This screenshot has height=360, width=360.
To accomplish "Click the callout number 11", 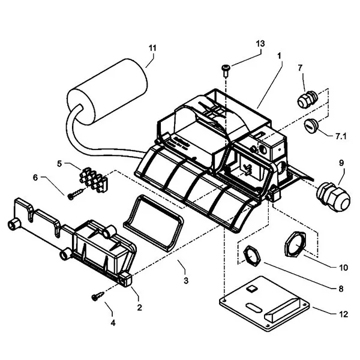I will pyautogui.click(x=152, y=47).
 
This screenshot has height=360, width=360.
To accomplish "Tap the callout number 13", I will pyautogui.click(x=260, y=44).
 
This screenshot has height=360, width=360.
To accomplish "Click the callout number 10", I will pyautogui.click(x=343, y=268).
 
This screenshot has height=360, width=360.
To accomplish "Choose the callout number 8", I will pyautogui.click(x=340, y=289).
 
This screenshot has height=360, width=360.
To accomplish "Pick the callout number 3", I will pyautogui.click(x=186, y=280).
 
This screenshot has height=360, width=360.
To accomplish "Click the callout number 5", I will pyautogui.click(x=60, y=163).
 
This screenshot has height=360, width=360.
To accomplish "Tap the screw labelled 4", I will pyautogui.click(x=97, y=295).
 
